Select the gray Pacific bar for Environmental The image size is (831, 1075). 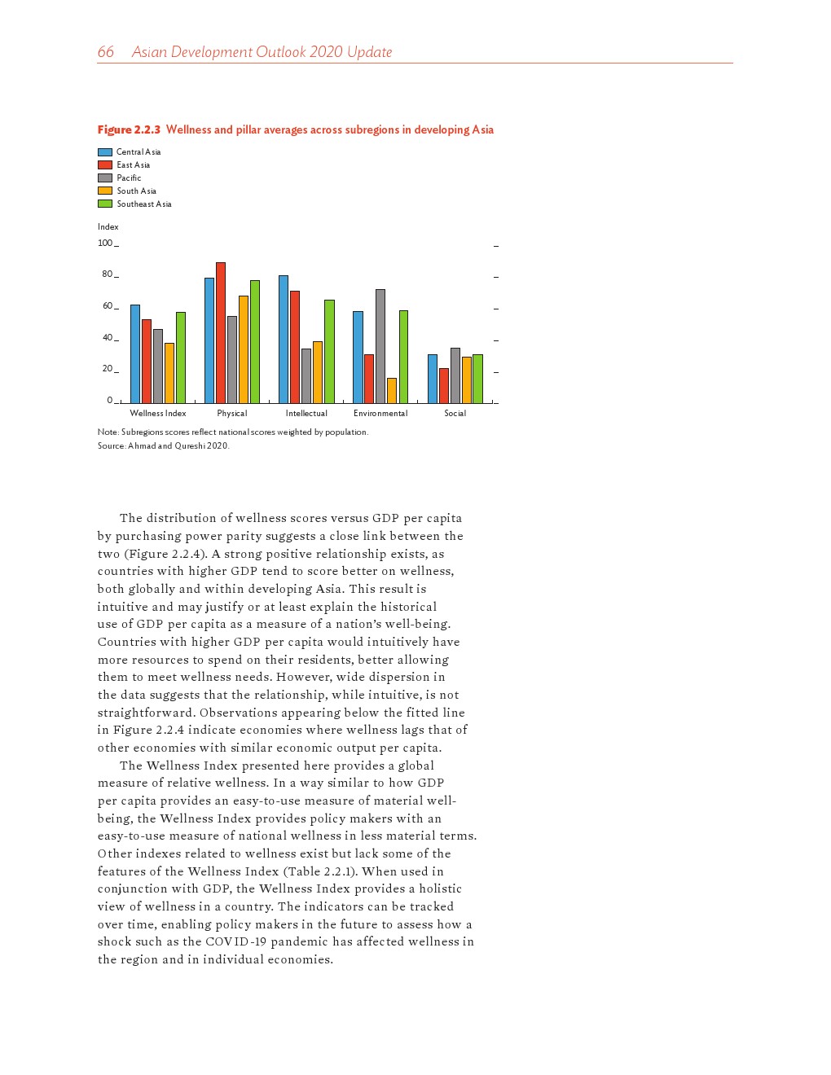380,346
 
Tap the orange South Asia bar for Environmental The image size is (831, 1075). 392,390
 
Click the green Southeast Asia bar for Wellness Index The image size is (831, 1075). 181,358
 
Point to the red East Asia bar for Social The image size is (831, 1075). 444,385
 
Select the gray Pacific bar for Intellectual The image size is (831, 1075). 306,375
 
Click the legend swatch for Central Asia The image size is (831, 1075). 105,152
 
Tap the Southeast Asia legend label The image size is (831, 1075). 143,204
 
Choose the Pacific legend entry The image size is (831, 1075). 128,178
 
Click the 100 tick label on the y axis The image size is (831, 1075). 105,243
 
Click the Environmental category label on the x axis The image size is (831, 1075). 380,414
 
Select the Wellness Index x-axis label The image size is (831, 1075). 158,414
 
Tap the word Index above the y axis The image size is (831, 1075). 108,227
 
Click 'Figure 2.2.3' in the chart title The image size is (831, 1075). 129,130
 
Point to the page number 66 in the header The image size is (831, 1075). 106,52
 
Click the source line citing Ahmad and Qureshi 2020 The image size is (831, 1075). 163,446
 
